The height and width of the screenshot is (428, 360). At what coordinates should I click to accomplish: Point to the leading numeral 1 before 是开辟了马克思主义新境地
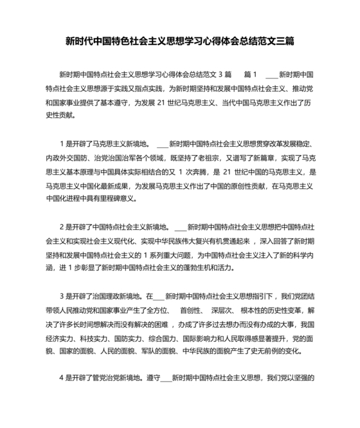[x=62, y=144]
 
